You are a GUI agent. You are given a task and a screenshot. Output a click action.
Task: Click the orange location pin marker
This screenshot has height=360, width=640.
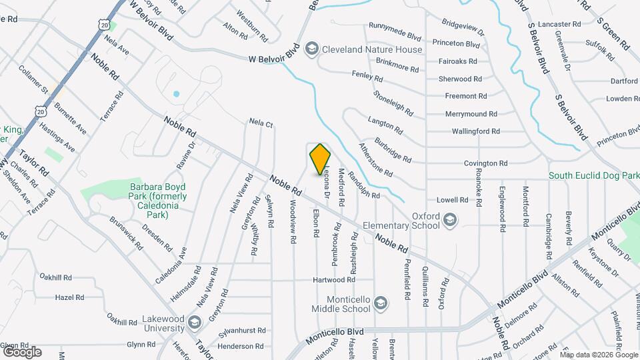(x=321, y=159)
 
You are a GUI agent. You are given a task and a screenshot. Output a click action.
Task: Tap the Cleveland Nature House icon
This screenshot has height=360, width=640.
(x=311, y=49)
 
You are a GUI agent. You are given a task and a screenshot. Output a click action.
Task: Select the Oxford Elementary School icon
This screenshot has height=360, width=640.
(x=451, y=220)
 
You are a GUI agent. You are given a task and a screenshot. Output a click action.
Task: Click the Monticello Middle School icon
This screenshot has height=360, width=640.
(x=381, y=303)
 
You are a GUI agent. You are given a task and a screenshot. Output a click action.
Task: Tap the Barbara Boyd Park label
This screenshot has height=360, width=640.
(x=159, y=197)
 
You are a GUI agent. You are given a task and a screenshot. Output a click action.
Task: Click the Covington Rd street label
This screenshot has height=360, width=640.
(x=486, y=163)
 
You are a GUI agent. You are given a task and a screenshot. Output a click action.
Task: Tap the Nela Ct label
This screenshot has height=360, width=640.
(x=261, y=123)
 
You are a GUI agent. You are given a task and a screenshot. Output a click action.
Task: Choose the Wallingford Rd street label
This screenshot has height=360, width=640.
(x=475, y=131)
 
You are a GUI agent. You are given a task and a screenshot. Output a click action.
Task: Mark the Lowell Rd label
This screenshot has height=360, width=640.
(x=453, y=199)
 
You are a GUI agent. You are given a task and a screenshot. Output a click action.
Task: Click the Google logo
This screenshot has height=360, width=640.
(x=21, y=351)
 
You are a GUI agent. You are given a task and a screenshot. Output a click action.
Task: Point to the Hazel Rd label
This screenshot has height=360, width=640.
(x=69, y=297)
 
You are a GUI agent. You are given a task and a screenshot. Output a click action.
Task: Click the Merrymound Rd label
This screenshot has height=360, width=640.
(x=471, y=114)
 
